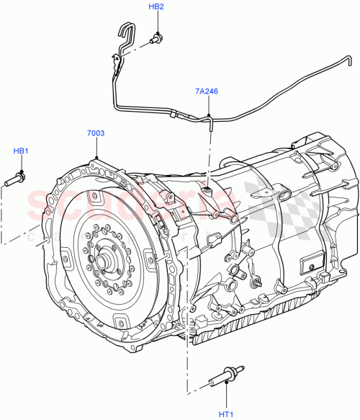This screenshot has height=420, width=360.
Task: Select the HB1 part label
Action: (21, 151)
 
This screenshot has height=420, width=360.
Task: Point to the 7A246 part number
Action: (205, 91)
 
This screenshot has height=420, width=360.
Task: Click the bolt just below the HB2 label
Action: (156, 40)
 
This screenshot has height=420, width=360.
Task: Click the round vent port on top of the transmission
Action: (207, 190)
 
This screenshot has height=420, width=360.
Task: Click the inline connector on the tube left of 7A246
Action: (175, 112)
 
